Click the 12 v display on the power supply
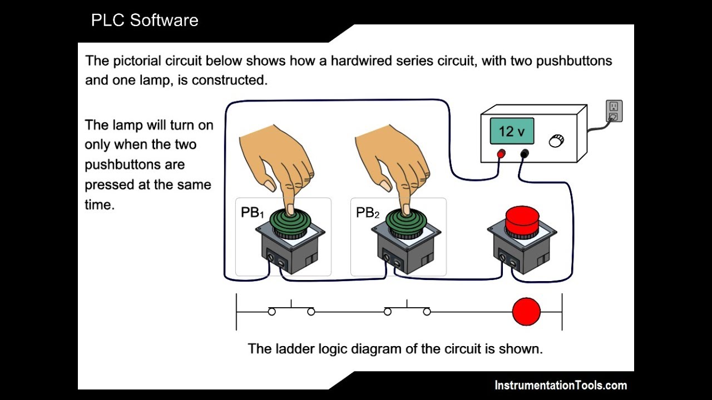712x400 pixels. coord(512,132)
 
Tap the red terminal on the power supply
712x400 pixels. coord(501,153)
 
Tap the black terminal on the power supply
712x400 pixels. coord(523,153)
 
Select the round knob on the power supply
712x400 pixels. coord(555,141)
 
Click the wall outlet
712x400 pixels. coord(614,111)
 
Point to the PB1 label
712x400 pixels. coord(253,213)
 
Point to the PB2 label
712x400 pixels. coord(368,213)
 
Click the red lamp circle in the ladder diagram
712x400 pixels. coord(526,312)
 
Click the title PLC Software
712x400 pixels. coord(145,21)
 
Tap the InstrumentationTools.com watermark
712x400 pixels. coord(561,385)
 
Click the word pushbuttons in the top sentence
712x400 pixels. coord(574,61)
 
